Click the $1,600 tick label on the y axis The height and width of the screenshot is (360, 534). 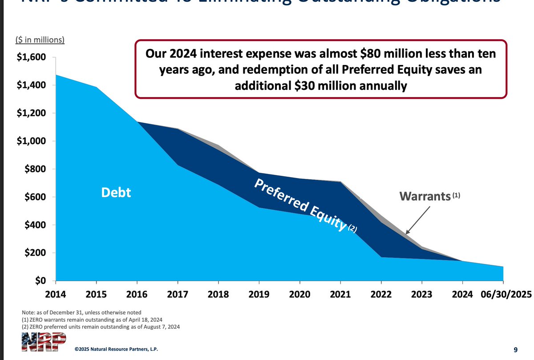[31, 57]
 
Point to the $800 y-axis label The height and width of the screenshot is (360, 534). [34, 169]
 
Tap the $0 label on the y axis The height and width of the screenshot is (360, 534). [40, 281]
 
